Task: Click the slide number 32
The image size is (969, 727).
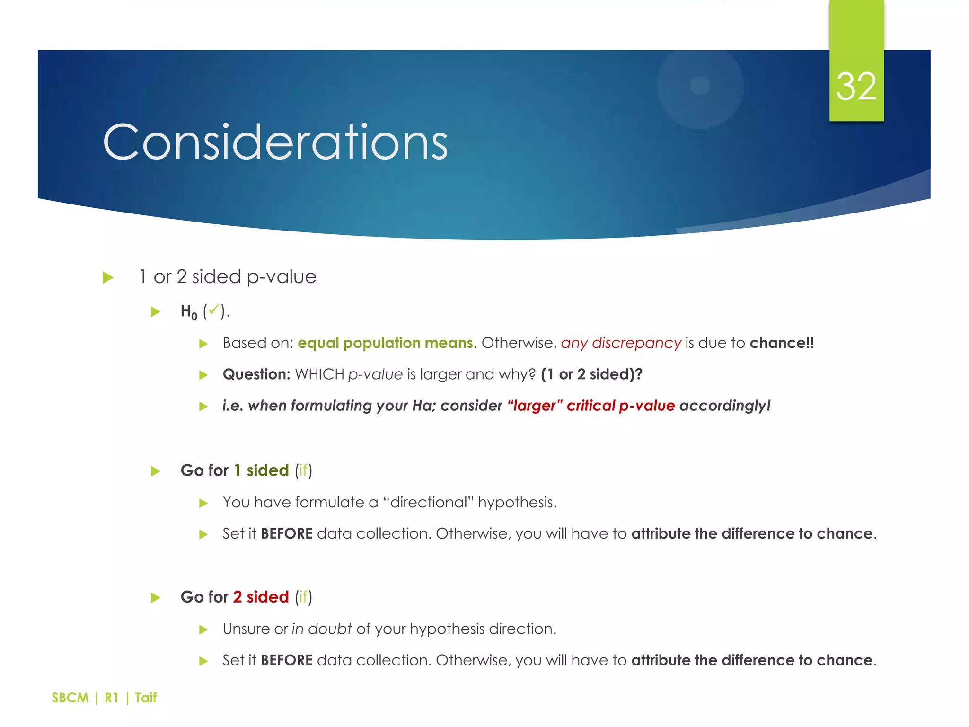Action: [856, 87]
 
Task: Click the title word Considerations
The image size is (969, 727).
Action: [275, 142]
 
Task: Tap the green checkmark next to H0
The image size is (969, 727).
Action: [214, 310]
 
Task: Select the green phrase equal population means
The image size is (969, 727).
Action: [385, 343]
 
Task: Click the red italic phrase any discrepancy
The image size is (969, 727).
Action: [621, 343]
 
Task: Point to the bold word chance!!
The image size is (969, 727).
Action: [782, 343]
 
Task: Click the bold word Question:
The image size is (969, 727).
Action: [256, 374]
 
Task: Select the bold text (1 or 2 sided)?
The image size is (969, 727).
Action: [591, 374]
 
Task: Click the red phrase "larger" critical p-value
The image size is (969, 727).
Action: [591, 406]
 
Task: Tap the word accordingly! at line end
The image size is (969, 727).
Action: [725, 406]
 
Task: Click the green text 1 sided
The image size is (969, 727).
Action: [261, 470]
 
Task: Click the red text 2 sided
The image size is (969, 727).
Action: [261, 597]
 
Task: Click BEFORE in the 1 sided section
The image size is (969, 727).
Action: [286, 534]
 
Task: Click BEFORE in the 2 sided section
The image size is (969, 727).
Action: [286, 660]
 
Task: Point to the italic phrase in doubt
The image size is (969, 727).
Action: [322, 629]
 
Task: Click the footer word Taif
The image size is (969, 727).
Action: [146, 698]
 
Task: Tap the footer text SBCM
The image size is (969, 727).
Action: [70, 698]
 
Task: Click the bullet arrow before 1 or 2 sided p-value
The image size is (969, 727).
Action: [108, 277]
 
